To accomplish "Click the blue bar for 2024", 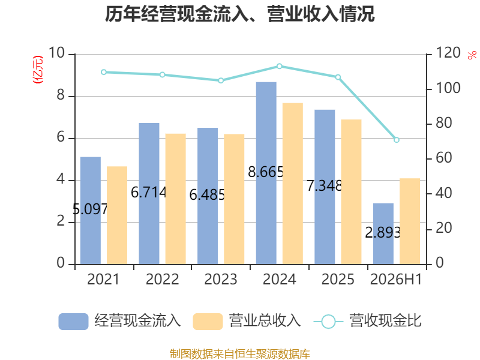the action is (266, 173).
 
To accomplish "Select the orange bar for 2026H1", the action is (410, 221).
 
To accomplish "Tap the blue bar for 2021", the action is (91, 211).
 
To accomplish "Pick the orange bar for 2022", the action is (175, 199).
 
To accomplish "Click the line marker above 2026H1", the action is (397, 140).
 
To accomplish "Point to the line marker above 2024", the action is (279, 66).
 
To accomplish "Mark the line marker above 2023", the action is (221, 80).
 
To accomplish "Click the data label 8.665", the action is (265, 172).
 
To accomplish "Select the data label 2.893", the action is (383, 233).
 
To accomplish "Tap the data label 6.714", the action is (148, 192).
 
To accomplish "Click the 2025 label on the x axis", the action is (338, 279).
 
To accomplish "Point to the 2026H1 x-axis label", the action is (396, 279).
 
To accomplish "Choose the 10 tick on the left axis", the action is (56, 53).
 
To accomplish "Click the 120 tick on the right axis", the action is (448, 53).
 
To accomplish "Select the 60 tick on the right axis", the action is (443, 158).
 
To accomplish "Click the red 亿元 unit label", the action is (38, 70).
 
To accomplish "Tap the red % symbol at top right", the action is (472, 55).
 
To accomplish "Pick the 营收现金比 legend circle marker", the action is (328, 322).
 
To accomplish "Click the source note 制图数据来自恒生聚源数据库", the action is (239, 353).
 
